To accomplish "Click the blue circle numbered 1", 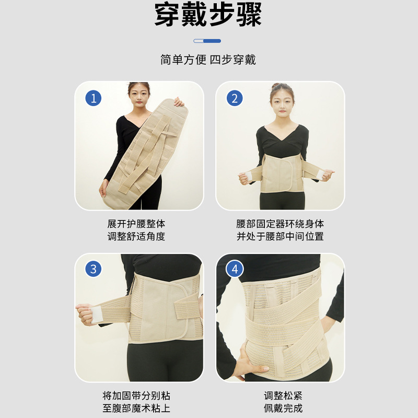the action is pos(94,98).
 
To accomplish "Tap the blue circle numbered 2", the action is pos(235,98).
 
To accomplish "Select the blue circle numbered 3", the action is pos(94,269).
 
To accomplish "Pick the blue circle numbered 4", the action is pos(235,269).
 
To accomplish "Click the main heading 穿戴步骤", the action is pos(208,15).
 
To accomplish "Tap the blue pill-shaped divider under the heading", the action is pos(207,41).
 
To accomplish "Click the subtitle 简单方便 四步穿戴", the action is pos(208,60).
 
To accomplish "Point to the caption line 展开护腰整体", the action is pos(136,224).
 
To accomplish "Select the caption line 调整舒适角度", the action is pos(136,236).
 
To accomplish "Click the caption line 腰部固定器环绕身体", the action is pos(280,224).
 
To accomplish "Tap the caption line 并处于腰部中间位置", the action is pos(280,236).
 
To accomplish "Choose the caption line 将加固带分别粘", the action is pos(136,396).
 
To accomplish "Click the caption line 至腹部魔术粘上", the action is pos(136,408).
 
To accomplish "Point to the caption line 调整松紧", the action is pos(283,396).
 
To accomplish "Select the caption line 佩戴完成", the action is pos(283,408).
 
